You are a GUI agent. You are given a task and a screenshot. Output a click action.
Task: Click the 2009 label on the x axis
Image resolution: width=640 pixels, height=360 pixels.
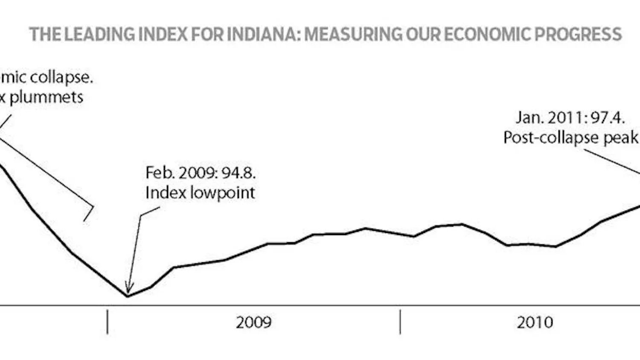(253, 322)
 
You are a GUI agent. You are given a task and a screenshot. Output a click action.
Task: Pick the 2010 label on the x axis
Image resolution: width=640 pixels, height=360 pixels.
(535, 322)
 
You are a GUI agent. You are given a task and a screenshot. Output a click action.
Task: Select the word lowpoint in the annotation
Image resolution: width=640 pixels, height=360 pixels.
(222, 193)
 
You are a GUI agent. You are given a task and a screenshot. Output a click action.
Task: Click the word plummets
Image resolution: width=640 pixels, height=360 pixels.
(46, 98)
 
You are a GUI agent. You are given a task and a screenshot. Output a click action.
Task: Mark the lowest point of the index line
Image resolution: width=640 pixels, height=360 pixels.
(128, 296)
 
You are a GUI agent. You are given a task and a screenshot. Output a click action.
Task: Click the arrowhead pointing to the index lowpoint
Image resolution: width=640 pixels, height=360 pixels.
(128, 288)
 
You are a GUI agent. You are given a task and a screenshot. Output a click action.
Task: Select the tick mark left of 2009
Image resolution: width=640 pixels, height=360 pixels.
(108, 322)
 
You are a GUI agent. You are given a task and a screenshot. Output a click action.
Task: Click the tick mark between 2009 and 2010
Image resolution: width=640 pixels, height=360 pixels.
(400, 322)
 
